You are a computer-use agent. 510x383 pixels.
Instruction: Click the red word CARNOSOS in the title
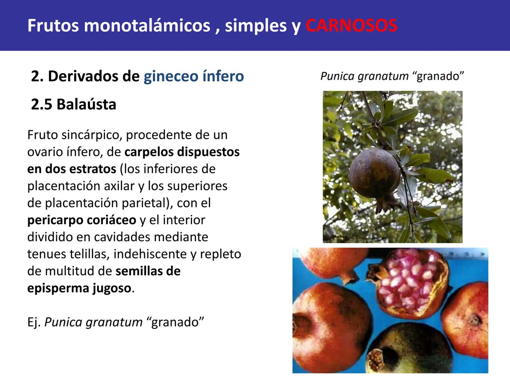pos(351,26)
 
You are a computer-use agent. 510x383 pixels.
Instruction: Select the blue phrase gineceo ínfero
pos(194,76)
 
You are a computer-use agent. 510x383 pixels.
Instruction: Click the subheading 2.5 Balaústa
pos(74,104)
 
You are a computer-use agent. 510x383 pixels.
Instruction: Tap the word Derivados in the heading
pos(93,76)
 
